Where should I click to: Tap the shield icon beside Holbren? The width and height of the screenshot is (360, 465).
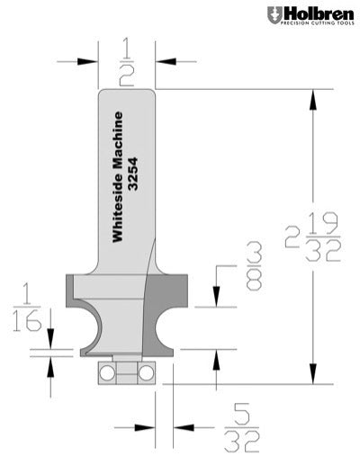coord(274,15)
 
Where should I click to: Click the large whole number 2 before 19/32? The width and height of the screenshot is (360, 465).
coord(292,237)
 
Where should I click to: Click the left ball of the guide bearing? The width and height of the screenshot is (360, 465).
coord(106,371)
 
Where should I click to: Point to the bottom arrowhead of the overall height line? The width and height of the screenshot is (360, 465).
coord(313,379)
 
